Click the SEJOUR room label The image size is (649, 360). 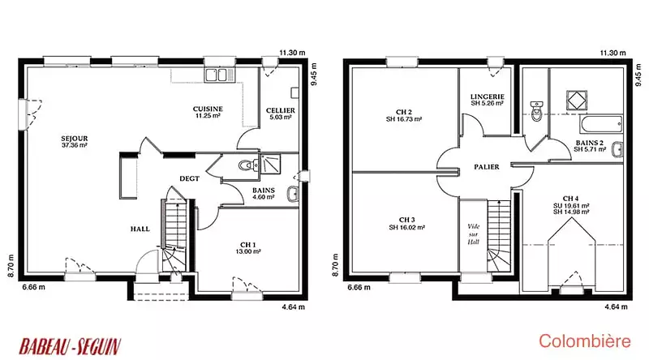tap(75, 142)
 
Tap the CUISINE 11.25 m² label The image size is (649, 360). tap(208, 112)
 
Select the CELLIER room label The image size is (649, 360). tap(281, 114)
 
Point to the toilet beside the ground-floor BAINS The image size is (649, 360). tap(247, 165)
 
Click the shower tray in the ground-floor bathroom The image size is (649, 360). tap(270, 165)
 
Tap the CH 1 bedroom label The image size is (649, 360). tap(248, 248)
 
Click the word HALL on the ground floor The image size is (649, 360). tap(140, 229)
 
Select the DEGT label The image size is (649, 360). tap(190, 178)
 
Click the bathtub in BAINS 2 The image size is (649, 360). tap(601, 125)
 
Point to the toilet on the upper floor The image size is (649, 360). tap(537, 111)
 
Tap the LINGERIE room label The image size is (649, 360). tap(488, 100)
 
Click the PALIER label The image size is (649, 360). tap(487, 167)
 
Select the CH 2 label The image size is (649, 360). tap(404, 115)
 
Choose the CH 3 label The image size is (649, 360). tap(407, 224)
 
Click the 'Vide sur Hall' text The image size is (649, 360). tap(473, 234)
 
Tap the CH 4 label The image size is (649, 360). tap(571, 205)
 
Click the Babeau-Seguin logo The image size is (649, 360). tap(70, 346)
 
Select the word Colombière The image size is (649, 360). tap(585, 341)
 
